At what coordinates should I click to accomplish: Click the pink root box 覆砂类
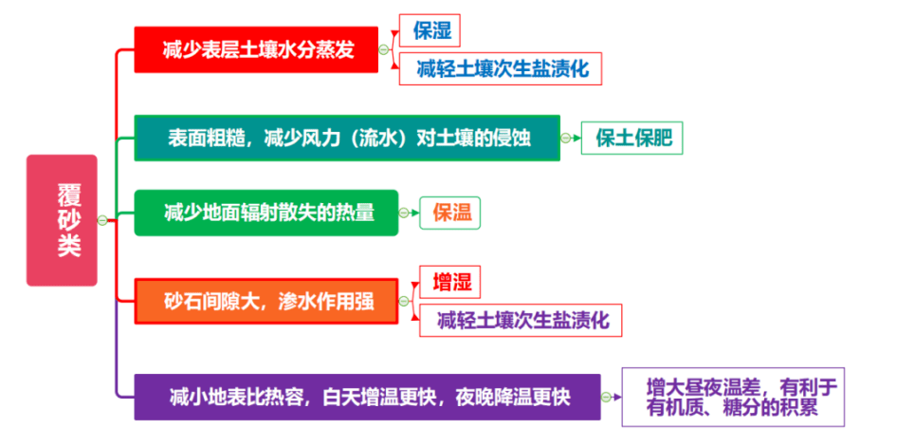(62, 220)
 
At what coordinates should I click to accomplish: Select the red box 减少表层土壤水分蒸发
(256, 49)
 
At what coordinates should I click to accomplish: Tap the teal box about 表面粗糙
(347, 138)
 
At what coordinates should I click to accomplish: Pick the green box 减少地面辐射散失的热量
(266, 214)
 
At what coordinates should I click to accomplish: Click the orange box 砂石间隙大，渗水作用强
(266, 301)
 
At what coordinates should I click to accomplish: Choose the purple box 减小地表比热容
(367, 397)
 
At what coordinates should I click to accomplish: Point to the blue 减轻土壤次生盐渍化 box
(500, 69)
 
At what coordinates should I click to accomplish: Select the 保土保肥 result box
(631, 138)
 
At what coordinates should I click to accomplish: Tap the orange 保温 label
(451, 214)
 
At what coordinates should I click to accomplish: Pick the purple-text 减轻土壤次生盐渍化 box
(521, 321)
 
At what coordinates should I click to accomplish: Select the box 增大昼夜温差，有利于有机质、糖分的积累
(733, 397)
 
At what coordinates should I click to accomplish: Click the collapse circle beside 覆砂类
(102, 220)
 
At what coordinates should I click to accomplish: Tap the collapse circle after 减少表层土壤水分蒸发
(384, 49)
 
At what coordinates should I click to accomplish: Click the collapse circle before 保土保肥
(565, 138)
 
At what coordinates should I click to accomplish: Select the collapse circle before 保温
(404, 214)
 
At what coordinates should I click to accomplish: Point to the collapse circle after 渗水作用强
(404, 301)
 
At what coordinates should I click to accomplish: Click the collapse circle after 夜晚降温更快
(606, 397)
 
